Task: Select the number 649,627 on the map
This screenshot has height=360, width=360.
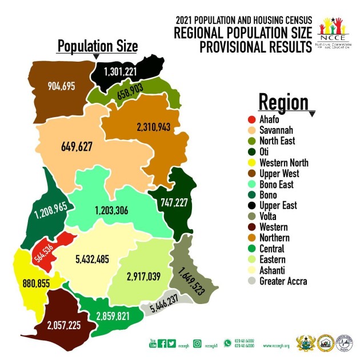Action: click(77, 146)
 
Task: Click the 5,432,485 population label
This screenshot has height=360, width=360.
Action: click(100, 260)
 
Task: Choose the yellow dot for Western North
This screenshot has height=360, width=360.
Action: click(251, 162)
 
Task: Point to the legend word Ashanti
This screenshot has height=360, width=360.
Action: click(274, 270)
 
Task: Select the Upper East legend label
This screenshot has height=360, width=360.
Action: click(279, 205)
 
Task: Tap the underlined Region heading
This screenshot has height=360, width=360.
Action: click(283, 102)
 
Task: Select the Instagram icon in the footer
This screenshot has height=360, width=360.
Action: click(197, 343)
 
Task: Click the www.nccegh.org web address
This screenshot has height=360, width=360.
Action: click(277, 346)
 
